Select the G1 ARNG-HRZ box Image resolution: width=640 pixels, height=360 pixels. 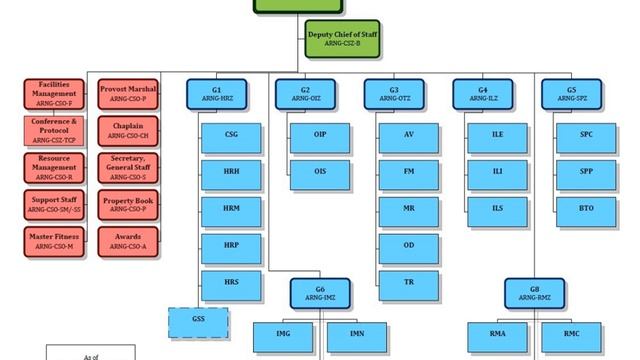click(x=216, y=94)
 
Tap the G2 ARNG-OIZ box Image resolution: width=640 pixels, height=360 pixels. click(x=306, y=94)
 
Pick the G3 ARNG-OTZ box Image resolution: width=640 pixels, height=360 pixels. click(x=394, y=94)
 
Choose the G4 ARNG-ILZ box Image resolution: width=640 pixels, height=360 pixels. click(x=483, y=94)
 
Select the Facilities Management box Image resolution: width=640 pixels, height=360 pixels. click(x=54, y=94)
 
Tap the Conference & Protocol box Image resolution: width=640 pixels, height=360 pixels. click(x=54, y=130)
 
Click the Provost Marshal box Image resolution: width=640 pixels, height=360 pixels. click(x=129, y=94)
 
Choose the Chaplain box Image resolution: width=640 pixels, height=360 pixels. click(x=129, y=130)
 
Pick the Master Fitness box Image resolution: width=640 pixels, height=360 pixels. click(x=54, y=240)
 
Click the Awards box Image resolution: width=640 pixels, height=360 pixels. click(x=129, y=240)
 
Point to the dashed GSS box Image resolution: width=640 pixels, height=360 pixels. click(x=198, y=322)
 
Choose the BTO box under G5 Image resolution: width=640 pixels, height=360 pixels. click(x=586, y=209)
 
